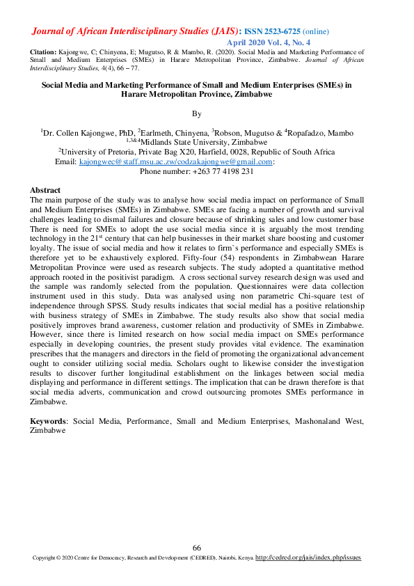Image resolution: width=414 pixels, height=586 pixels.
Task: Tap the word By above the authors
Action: click(196, 113)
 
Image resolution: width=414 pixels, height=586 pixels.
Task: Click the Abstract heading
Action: click(45, 190)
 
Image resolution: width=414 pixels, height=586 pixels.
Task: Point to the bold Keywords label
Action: click(48, 422)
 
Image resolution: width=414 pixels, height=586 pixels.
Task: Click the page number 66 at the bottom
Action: click(197, 548)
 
